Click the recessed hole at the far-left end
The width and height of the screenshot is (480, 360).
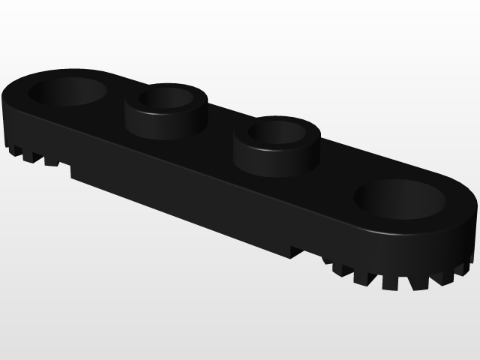(x=67, y=91)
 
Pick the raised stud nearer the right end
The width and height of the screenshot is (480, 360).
(x=277, y=144)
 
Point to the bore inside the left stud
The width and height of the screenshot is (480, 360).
(x=167, y=97)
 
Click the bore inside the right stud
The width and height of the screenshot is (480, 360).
(x=277, y=132)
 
